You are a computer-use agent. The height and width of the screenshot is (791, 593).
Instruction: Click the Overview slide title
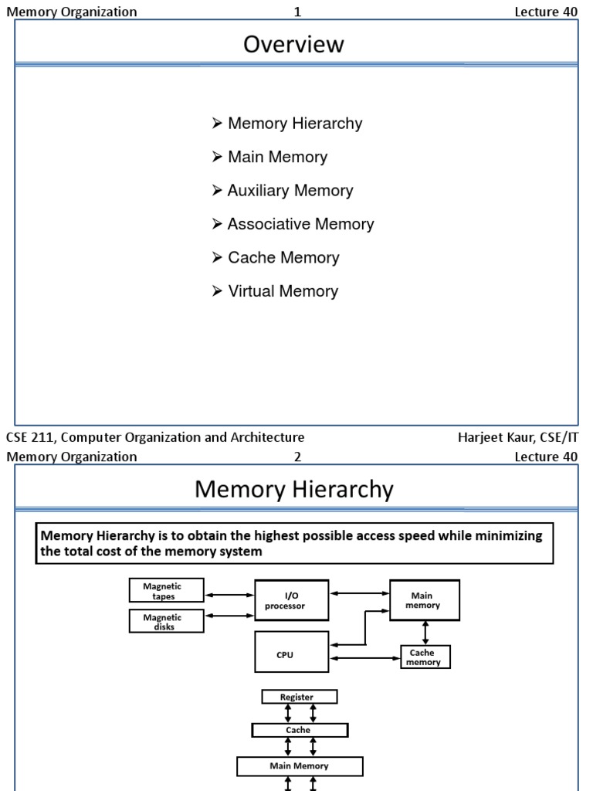(x=293, y=45)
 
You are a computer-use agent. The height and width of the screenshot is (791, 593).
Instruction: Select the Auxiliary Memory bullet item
(x=290, y=191)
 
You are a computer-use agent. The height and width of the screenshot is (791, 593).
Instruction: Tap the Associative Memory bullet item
(x=300, y=224)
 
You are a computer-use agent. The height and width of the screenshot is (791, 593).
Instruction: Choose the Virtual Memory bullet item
(x=283, y=291)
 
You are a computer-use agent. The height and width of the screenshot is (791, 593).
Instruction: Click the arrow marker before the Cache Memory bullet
(x=217, y=258)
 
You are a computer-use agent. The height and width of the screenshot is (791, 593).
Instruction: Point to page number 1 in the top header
(x=297, y=12)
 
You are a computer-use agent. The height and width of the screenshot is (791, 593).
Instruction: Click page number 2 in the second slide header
(x=297, y=457)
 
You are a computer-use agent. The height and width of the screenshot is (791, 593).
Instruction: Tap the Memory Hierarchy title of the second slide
(x=293, y=490)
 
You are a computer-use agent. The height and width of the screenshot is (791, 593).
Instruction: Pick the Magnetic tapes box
(x=166, y=591)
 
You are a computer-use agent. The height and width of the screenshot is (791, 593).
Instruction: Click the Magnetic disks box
(x=166, y=622)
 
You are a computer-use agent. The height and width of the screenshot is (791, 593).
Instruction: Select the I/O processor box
(x=292, y=600)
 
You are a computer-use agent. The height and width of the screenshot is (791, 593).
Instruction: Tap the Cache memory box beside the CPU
(x=425, y=657)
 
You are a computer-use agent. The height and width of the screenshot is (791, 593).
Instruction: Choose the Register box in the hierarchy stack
(x=300, y=697)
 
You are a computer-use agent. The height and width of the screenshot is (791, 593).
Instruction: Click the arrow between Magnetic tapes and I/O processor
(x=229, y=594)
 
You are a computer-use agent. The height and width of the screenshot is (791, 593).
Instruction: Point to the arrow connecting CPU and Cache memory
(x=364, y=659)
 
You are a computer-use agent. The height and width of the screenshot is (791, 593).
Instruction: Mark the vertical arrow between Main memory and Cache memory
(x=425, y=632)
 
